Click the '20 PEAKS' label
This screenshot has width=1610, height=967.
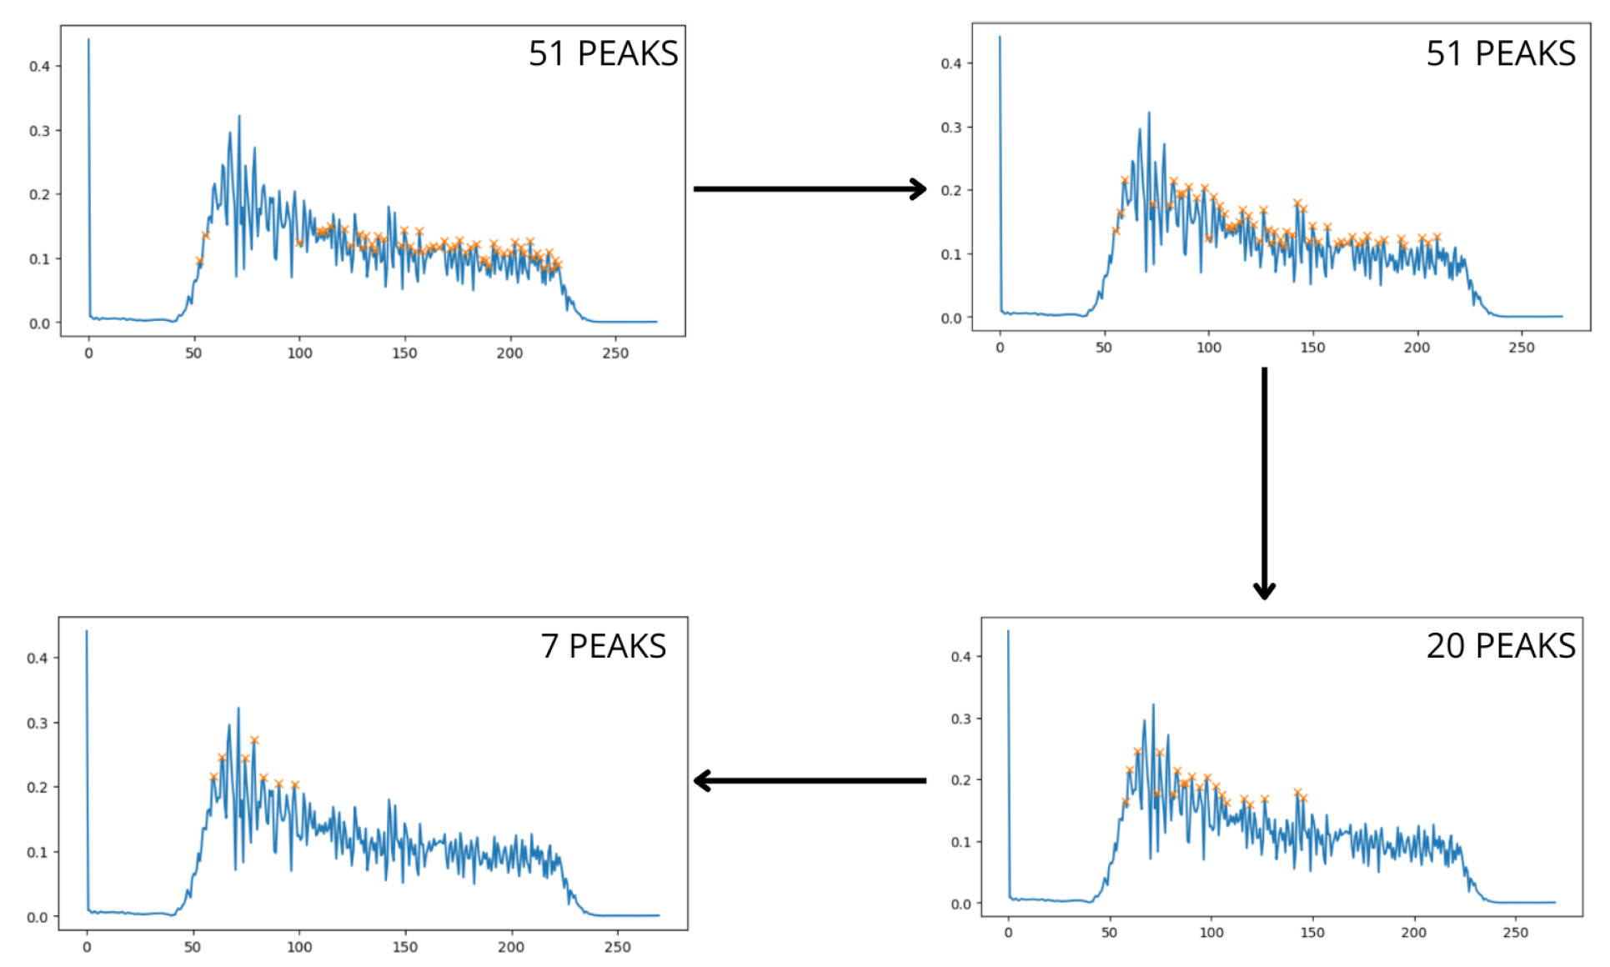[x=1500, y=646]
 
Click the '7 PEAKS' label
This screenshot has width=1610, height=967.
[x=603, y=646]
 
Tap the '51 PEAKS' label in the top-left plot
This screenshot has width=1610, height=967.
[x=603, y=53]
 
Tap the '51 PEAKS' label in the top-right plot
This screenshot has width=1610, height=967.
[x=1500, y=53]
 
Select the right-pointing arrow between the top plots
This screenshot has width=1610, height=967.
[x=810, y=189]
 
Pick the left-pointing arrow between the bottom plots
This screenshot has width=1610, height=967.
[x=810, y=781]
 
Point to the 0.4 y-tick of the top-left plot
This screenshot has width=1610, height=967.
[x=39, y=67]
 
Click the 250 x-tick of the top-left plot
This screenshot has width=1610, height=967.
[x=615, y=353]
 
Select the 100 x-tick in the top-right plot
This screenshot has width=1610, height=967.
[x=1208, y=348]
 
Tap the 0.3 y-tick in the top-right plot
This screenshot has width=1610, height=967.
[x=950, y=128]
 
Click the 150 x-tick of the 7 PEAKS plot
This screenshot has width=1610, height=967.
[x=404, y=947]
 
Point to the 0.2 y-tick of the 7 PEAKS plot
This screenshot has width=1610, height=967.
[x=37, y=787]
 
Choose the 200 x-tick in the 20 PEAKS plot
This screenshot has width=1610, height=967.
[x=1413, y=933]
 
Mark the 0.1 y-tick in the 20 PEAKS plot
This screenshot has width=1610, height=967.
[x=960, y=842]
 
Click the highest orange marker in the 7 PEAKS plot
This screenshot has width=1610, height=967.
[x=254, y=740]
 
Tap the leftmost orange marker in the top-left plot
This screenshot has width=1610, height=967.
[x=199, y=261]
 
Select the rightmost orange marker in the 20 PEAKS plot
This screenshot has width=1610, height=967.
[x=1303, y=798]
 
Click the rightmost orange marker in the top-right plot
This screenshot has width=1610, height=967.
[x=1437, y=238]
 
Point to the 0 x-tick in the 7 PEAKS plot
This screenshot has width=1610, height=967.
[x=87, y=947]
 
